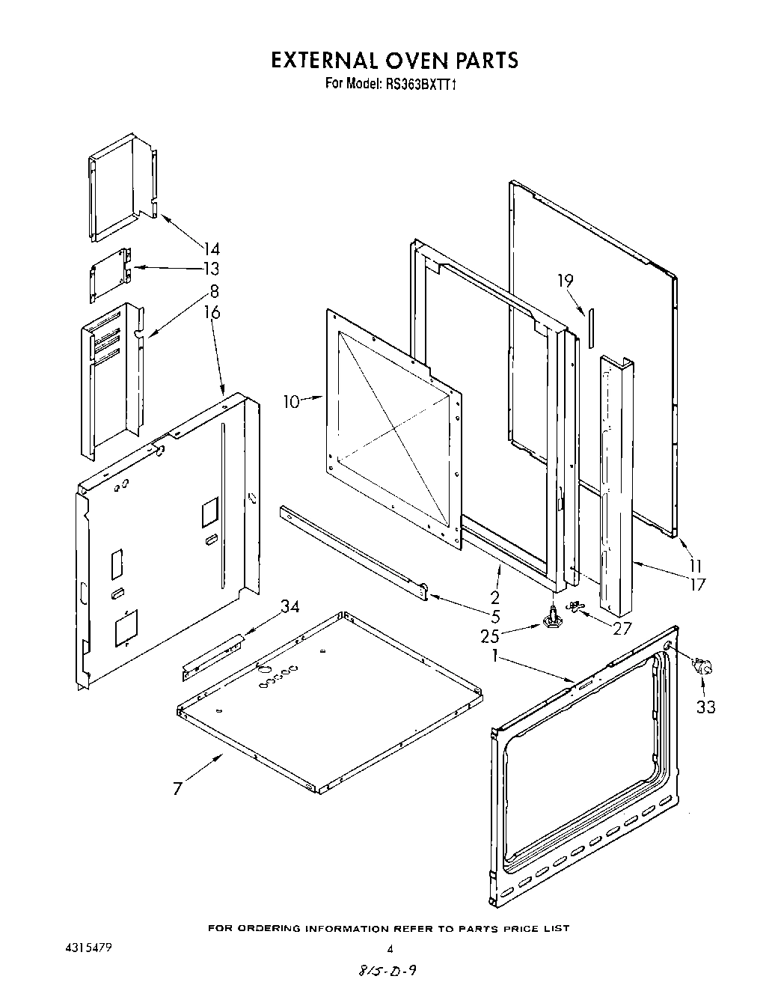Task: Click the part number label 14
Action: (212, 249)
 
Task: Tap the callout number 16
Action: (212, 311)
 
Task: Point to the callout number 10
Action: (291, 402)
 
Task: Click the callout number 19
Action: (565, 281)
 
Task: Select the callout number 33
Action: (705, 706)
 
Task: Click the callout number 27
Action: (622, 628)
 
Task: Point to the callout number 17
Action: (696, 585)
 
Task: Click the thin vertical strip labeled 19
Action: (590, 327)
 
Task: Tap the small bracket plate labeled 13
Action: (109, 275)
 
